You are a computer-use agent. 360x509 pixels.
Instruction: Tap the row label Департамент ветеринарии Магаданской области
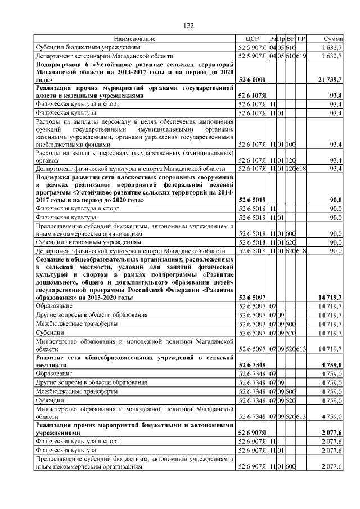click(x=101, y=56)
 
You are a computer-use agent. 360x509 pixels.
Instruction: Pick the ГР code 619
click(x=301, y=56)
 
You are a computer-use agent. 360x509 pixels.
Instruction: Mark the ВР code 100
click(x=291, y=145)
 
